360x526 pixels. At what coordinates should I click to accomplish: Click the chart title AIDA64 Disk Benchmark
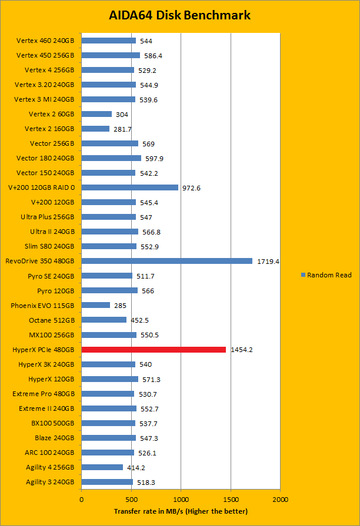click(x=180, y=15)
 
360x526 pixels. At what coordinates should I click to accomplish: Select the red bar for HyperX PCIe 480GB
click(x=154, y=350)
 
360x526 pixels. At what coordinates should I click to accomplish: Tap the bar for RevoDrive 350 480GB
click(x=167, y=261)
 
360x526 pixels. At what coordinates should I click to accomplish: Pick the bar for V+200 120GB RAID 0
click(x=129, y=187)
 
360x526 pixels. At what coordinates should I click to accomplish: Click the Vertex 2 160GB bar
click(x=95, y=129)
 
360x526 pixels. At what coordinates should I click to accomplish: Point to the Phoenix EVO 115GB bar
click(x=96, y=305)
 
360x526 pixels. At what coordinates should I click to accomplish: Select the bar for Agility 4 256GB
click(x=102, y=467)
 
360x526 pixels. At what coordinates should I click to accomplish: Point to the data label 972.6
click(x=191, y=188)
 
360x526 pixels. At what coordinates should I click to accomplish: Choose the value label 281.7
click(x=122, y=129)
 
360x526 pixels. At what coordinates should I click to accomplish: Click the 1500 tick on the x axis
click(x=231, y=499)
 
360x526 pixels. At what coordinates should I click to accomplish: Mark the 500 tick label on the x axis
click(x=131, y=499)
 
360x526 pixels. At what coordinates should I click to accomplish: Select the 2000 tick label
click(x=280, y=499)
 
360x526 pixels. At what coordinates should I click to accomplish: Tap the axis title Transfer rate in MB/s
click(x=181, y=511)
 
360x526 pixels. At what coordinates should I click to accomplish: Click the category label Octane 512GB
click(x=52, y=320)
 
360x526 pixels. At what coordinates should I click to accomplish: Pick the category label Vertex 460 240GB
click(x=45, y=41)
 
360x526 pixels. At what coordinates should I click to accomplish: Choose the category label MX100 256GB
click(x=52, y=335)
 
